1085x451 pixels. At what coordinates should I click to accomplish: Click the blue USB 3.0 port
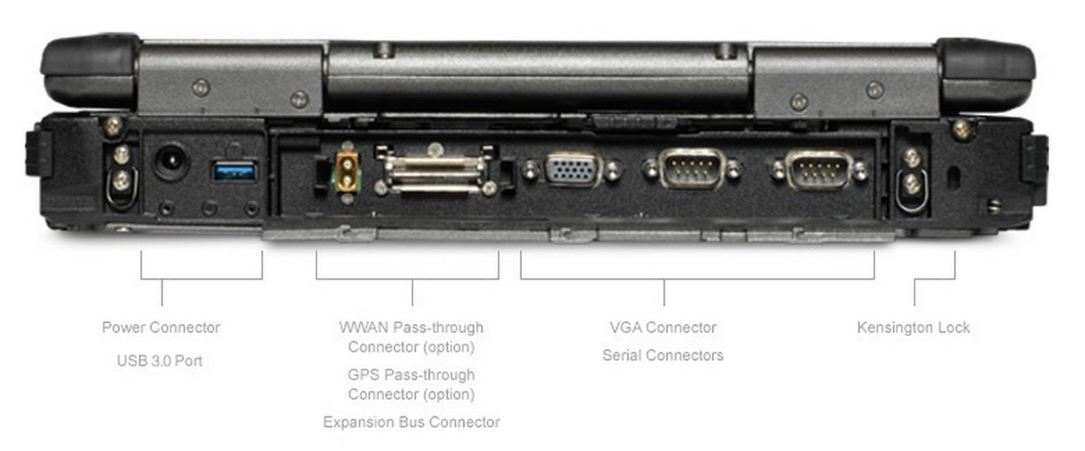(x=234, y=172)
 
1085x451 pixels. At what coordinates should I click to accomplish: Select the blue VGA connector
(x=572, y=170)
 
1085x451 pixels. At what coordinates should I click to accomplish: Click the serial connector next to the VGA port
(x=691, y=168)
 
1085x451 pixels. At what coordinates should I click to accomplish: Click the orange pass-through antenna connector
(x=348, y=171)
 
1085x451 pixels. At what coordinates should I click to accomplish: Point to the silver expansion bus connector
(x=435, y=171)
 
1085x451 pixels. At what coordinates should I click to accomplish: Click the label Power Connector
(x=161, y=327)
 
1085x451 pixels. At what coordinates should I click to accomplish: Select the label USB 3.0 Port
(x=159, y=361)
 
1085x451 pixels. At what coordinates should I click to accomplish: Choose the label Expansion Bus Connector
(x=411, y=422)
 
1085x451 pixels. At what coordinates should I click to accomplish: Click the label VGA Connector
(x=663, y=327)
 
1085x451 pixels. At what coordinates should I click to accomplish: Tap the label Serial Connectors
(x=663, y=356)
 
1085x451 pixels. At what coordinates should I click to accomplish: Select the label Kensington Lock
(x=913, y=327)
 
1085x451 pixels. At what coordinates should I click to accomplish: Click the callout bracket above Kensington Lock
(x=934, y=279)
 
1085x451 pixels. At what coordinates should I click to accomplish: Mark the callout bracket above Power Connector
(x=202, y=279)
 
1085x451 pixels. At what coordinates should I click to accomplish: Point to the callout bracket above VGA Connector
(x=698, y=279)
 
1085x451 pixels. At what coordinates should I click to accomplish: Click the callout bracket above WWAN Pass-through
(x=408, y=279)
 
